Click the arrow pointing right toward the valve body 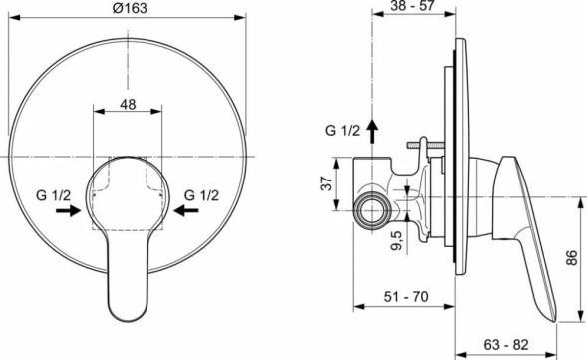[x=68, y=211]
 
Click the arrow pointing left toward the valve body [x=186, y=211]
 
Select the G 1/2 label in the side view [x=342, y=131]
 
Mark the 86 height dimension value [x=573, y=258]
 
